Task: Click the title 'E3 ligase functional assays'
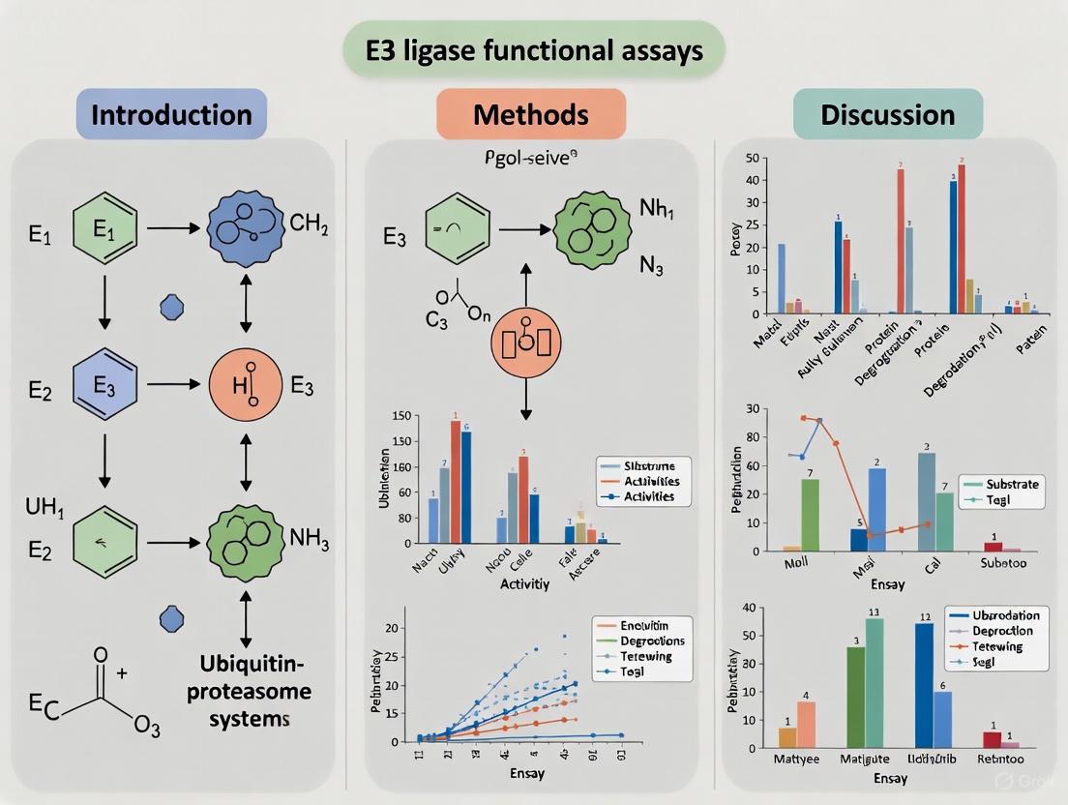(x=535, y=50)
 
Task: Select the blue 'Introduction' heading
(x=171, y=114)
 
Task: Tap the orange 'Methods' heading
(x=530, y=114)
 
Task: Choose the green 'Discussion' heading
(x=887, y=114)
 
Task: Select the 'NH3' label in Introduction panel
(x=310, y=538)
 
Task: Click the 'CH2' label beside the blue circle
(x=310, y=226)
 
